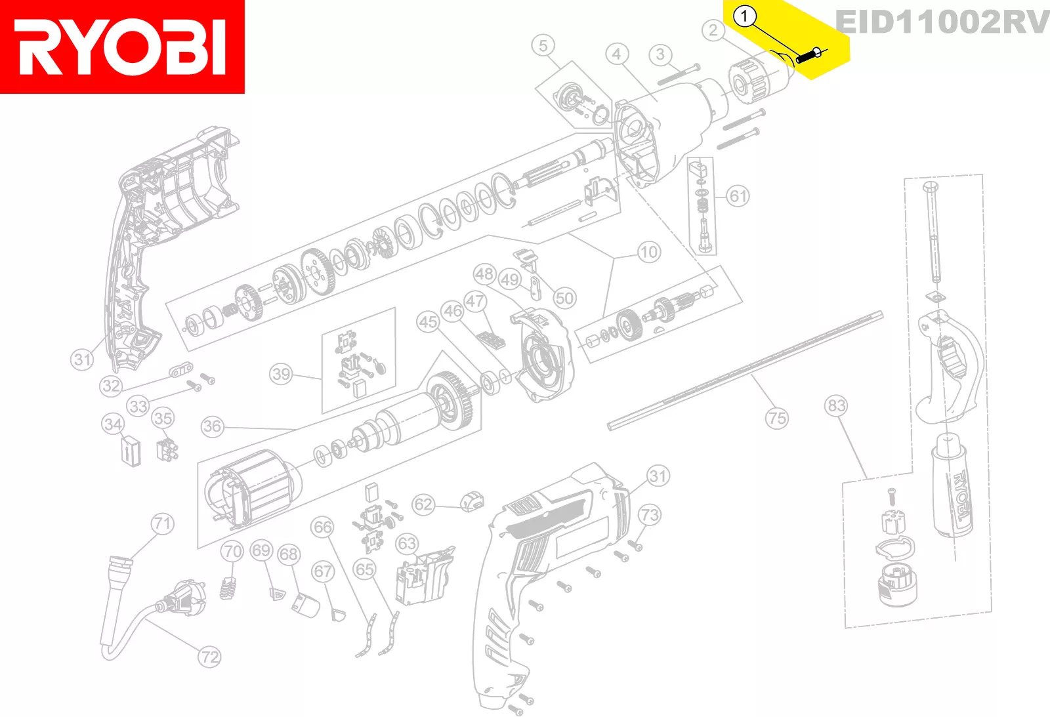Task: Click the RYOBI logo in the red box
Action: (x=122, y=47)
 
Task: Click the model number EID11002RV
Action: (x=942, y=22)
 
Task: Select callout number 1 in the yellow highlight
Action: (x=744, y=16)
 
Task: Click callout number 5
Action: (x=543, y=46)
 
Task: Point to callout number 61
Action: (x=738, y=196)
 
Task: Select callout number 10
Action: (x=648, y=252)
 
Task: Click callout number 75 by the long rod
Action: (x=777, y=418)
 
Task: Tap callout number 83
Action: (x=836, y=405)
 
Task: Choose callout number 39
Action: (x=281, y=374)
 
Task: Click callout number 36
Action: (x=212, y=426)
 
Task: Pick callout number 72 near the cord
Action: (x=209, y=657)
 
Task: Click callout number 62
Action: (x=423, y=504)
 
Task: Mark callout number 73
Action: (x=649, y=515)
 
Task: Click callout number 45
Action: (x=428, y=321)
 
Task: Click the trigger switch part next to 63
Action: (x=420, y=577)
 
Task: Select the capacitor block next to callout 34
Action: (x=131, y=451)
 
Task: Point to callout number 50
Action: (x=564, y=298)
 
